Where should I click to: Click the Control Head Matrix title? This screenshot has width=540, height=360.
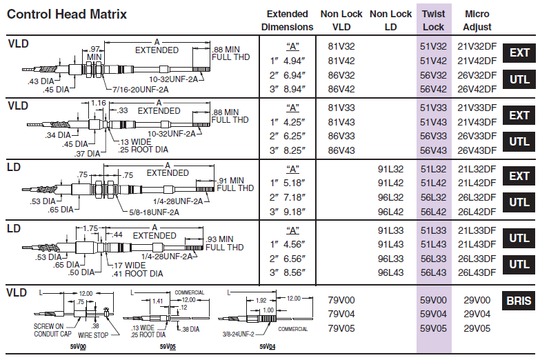[x=67, y=14]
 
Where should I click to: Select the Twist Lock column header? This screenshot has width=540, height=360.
[x=434, y=20]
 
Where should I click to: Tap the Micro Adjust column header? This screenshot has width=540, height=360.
[x=477, y=20]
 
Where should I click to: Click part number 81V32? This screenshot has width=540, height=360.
[x=341, y=46]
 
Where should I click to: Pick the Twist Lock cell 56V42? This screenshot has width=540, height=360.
[x=433, y=89]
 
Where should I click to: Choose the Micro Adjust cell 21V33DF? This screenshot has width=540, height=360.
[x=477, y=108]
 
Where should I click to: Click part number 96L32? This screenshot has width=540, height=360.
[x=390, y=197]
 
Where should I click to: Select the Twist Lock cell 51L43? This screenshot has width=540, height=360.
[x=433, y=244]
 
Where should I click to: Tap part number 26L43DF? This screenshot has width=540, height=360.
[x=477, y=272]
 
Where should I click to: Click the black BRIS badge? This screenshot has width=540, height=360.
[x=519, y=301]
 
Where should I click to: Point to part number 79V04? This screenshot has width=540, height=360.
[x=341, y=314]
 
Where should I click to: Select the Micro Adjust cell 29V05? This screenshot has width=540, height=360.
[x=477, y=328]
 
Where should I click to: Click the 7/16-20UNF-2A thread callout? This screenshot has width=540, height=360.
[x=141, y=90]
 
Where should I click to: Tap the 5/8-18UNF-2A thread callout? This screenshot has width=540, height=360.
[x=154, y=212]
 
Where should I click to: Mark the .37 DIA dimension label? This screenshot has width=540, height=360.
[x=87, y=154]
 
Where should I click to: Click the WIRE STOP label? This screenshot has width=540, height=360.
[x=93, y=335]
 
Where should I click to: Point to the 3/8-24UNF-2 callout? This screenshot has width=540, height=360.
[x=239, y=334]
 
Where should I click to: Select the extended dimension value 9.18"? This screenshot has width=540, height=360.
[x=294, y=212]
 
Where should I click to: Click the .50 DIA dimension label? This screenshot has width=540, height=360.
[x=81, y=272]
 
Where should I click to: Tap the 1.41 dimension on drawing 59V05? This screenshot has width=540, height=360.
[x=157, y=301]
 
